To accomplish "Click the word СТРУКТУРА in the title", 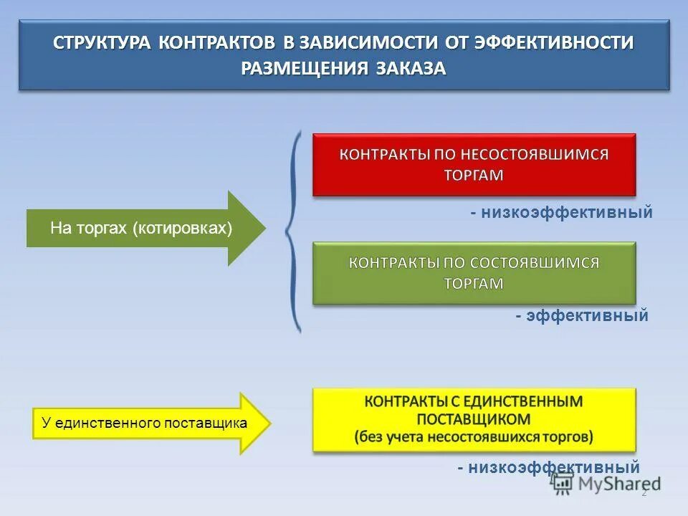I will coord(102,42).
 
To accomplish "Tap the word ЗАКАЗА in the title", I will coord(411,68).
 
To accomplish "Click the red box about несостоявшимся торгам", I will coord(474,165).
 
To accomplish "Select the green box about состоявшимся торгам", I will coord(474,273).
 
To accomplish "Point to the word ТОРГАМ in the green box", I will coord(474,284).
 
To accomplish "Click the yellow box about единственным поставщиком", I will coord(474,419).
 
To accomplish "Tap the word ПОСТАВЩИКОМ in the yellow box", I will coord(474,419).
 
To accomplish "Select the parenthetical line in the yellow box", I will coord(474,436).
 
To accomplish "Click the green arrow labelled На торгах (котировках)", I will coord(143,229).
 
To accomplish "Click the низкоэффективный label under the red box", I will coord(561,212).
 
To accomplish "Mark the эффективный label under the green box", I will coord(581,315).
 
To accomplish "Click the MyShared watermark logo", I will coord(606,484).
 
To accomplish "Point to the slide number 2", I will coord(644,493).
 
